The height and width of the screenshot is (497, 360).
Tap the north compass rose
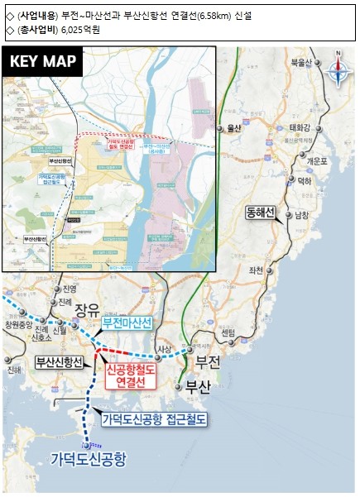(338, 71)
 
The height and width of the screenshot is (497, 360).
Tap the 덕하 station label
(305, 180)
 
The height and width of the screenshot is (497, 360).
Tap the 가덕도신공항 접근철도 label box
(154, 420)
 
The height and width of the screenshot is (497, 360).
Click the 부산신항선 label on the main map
(60, 362)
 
